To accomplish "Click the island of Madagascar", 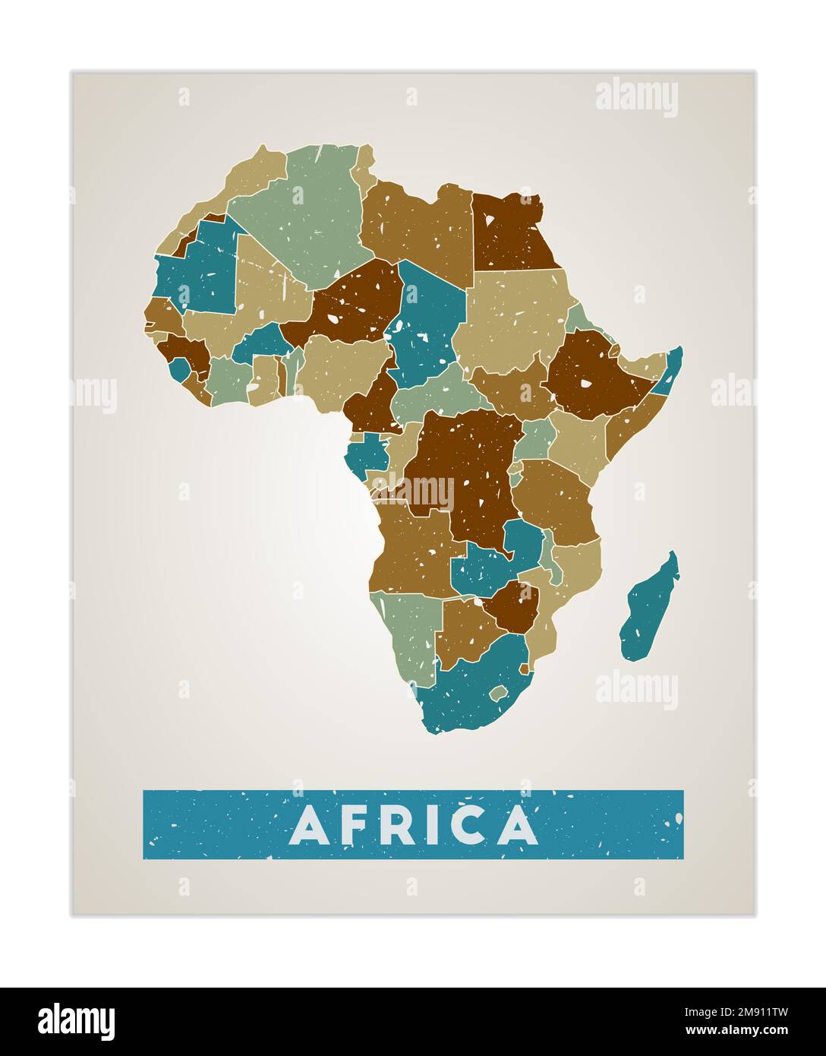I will pos(650,608).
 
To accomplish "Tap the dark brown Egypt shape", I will pos(512,232).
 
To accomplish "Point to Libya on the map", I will pos(418,228).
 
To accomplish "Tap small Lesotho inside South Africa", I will pos(499,693).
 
